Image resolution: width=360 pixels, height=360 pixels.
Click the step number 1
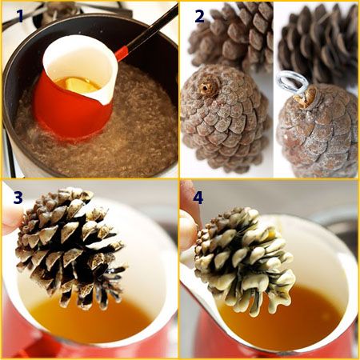tap(21, 16)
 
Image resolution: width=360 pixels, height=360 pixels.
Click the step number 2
tap(199, 16)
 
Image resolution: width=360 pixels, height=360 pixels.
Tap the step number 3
tap(18, 198)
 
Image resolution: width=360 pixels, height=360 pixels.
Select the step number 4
tap(198, 198)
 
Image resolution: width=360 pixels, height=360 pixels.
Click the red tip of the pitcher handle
tap(122, 53)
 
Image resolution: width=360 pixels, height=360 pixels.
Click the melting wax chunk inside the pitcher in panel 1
tap(80, 85)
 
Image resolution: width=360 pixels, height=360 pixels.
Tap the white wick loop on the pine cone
tap(293, 82)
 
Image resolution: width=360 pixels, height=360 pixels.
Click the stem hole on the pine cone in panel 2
tap(206, 87)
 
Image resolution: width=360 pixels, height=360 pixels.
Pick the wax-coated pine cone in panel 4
tap(244, 260)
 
